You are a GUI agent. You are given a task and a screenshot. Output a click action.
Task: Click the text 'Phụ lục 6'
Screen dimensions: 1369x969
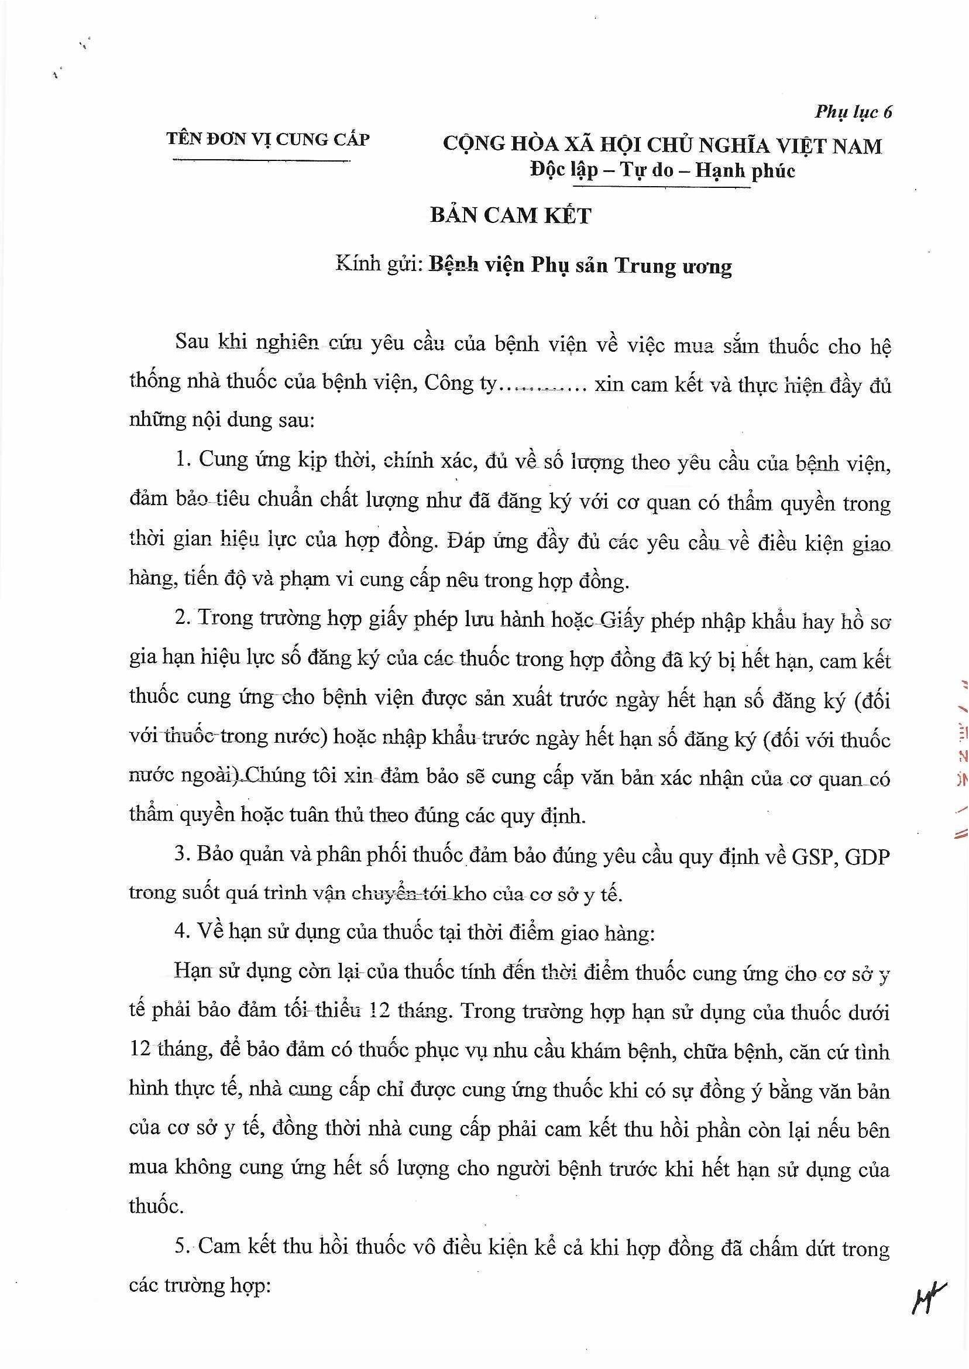853,112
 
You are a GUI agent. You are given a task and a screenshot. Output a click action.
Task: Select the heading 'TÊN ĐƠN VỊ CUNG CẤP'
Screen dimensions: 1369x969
268,140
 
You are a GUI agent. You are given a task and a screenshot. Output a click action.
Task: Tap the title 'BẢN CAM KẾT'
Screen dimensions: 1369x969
510,215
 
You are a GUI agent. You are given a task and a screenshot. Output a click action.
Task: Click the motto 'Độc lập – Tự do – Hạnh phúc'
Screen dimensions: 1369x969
662,171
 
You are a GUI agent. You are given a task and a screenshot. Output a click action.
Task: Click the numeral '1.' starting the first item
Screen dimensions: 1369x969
182,461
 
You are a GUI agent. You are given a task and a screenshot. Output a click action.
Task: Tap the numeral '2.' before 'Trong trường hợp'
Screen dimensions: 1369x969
182,619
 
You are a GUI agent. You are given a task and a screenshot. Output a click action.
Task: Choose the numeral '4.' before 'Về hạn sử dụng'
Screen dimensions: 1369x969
182,933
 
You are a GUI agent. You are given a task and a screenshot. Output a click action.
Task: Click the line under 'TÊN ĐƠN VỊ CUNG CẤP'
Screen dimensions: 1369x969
262,159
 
